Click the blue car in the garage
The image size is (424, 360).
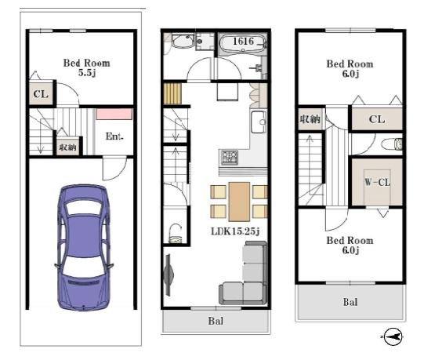(84, 247)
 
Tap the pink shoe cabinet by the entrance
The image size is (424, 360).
(114, 114)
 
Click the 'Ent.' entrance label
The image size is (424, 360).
(114, 136)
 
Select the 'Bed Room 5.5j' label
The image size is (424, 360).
(87, 67)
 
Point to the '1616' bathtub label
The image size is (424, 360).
(244, 41)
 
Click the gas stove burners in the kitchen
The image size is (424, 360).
(230, 158)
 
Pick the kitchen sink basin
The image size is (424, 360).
(259, 122)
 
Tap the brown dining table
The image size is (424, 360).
(239, 202)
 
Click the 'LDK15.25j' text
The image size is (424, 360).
(235, 231)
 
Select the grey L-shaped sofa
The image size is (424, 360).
(245, 274)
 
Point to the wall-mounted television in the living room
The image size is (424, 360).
(169, 275)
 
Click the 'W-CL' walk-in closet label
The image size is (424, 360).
(377, 182)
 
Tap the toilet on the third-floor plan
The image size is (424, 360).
(392, 144)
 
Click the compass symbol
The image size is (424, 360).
(393, 336)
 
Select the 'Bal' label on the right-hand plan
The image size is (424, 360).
(350, 302)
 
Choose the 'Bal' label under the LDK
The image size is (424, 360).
(216, 321)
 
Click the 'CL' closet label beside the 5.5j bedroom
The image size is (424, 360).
(41, 94)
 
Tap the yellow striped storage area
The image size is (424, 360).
(172, 93)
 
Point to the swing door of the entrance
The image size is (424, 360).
(114, 168)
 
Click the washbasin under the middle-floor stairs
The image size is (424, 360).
(176, 234)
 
